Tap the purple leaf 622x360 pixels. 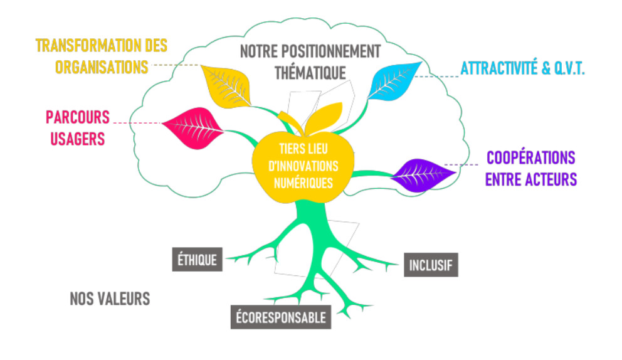pos(418,173)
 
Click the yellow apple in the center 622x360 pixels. pos(301,164)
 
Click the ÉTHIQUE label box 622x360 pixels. pos(198,259)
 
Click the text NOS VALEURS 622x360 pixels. pos(110,298)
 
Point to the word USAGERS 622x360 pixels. pos(76,138)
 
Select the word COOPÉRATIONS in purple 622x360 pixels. pos(530,157)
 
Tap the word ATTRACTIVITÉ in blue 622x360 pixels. pos(499,68)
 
